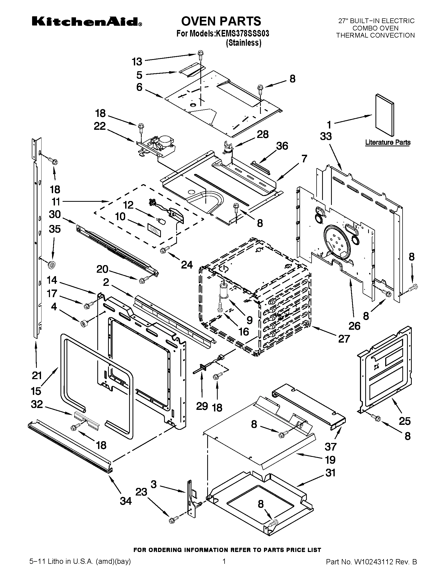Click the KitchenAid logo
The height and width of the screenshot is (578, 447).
coord(87,22)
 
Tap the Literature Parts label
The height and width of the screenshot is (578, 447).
coord(388,142)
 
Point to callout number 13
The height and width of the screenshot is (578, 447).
coord(137,62)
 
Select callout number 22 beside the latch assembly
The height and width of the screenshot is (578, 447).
coord(100,126)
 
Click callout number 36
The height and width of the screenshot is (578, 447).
coord(282,146)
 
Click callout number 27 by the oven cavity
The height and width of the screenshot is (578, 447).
coord(344,339)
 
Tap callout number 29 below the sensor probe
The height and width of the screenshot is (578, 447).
coord(202,406)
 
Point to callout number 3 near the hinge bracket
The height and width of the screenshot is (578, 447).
coord(154,484)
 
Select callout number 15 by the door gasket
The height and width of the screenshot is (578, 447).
coord(36,391)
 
